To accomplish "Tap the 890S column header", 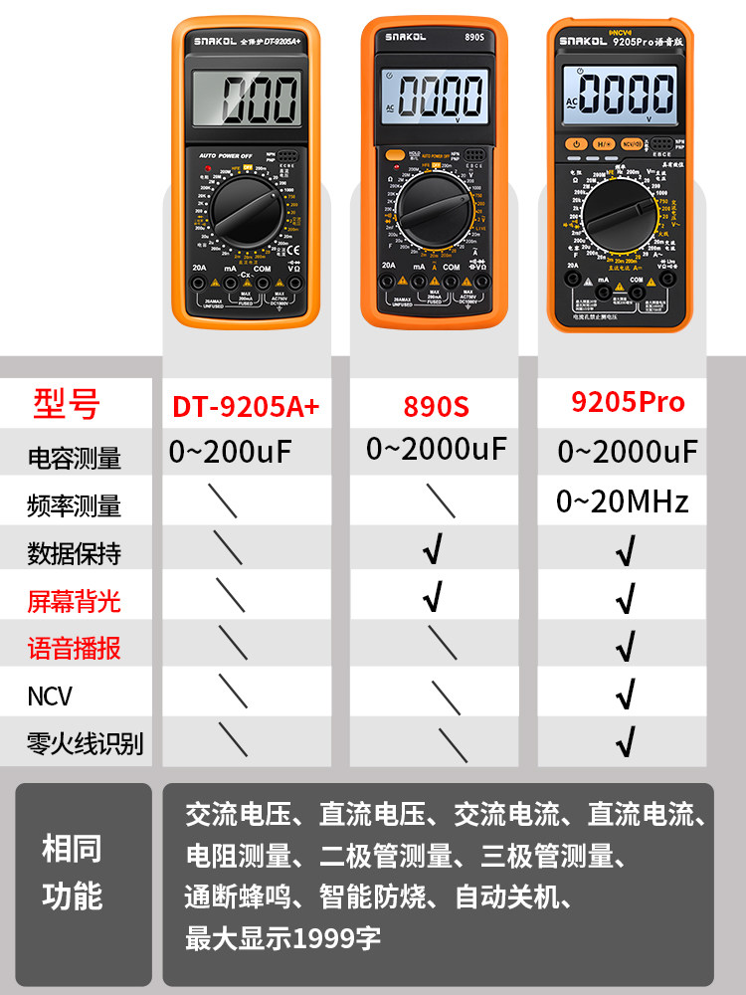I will pyautogui.click(x=436, y=406).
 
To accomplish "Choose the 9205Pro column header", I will pyautogui.click(x=628, y=402).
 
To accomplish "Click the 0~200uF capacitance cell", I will pyautogui.click(x=231, y=453).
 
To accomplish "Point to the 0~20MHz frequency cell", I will pyautogui.click(x=623, y=501).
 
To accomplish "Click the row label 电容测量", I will pyautogui.click(x=75, y=458).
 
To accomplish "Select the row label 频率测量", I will pyautogui.click(x=75, y=505).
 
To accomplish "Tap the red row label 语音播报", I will pyautogui.click(x=75, y=649).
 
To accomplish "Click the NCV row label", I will pyautogui.click(x=50, y=696).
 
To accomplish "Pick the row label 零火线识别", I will pyautogui.click(x=86, y=743).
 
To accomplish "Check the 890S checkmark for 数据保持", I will pyautogui.click(x=432, y=550).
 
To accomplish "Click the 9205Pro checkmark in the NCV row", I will pyautogui.click(x=625, y=695).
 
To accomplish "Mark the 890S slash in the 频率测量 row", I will pyautogui.click(x=440, y=501).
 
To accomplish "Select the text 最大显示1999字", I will pyautogui.click(x=282, y=937).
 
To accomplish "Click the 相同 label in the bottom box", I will pyautogui.click(x=72, y=849).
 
